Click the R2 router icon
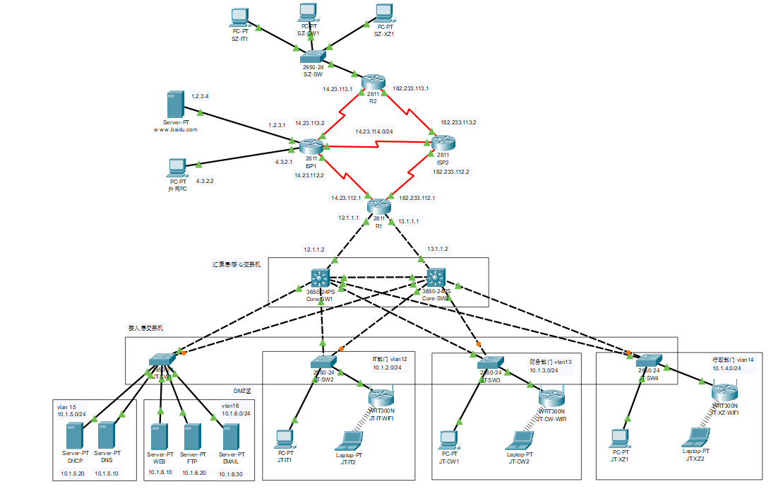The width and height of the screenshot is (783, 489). [x=372, y=82]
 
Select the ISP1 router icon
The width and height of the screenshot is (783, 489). [x=310, y=146]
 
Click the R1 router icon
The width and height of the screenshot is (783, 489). [x=379, y=206]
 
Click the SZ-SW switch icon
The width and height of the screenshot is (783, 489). [x=311, y=57]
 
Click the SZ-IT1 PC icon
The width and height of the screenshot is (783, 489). [x=240, y=16]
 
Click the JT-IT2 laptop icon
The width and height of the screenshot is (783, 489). [x=348, y=440]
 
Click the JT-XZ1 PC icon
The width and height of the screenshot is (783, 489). [x=621, y=438]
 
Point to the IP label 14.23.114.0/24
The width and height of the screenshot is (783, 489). [x=374, y=131]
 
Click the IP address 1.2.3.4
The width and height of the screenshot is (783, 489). [x=200, y=95]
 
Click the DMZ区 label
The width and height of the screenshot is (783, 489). [x=244, y=390]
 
